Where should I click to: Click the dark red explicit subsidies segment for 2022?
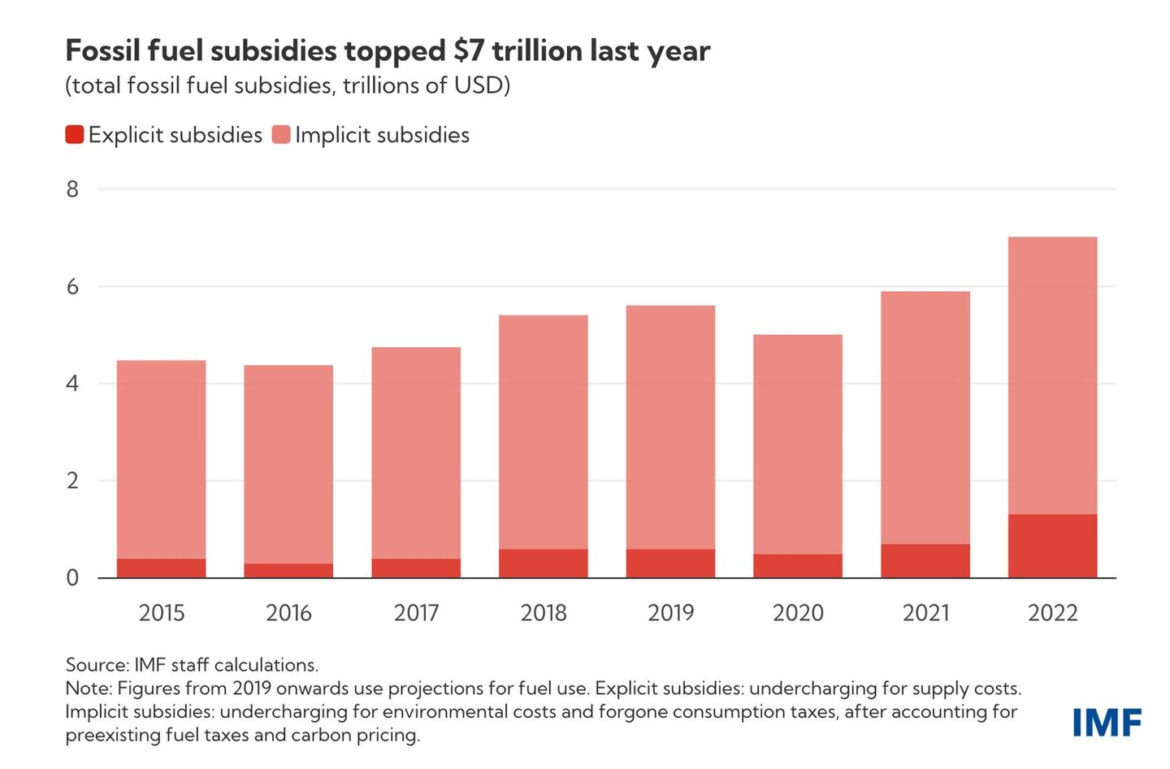tap(1052, 545)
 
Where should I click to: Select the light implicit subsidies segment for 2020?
tap(798, 444)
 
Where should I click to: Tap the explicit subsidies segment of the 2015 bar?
tap(162, 567)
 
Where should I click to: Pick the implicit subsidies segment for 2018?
tap(544, 432)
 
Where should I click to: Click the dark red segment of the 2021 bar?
tap(925, 561)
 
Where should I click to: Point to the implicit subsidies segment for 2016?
tap(288, 464)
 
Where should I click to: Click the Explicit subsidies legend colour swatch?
tap(75, 135)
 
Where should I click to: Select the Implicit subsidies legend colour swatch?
tap(281, 135)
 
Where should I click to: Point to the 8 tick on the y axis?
tap(73, 189)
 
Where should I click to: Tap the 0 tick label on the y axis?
tap(73, 578)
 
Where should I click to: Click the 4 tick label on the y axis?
tap(73, 384)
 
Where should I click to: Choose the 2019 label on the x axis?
tap(670, 613)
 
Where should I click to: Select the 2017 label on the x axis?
tap(416, 613)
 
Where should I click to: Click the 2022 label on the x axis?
tap(1052, 613)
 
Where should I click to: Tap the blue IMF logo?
tap(1107, 722)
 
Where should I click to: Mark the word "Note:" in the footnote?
tap(89, 689)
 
